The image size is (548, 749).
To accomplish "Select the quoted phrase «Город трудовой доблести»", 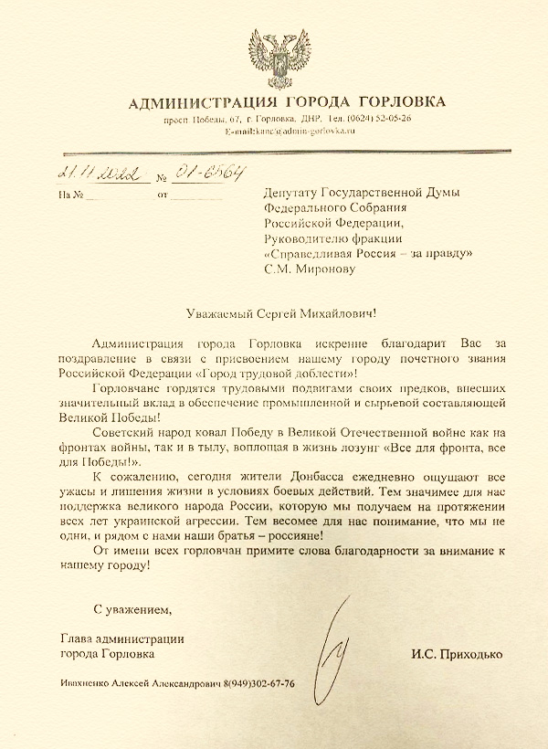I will tap(274, 373).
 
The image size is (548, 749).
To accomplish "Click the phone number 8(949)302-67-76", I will tap(258, 685).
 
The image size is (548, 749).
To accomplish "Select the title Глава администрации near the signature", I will tap(121, 638).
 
